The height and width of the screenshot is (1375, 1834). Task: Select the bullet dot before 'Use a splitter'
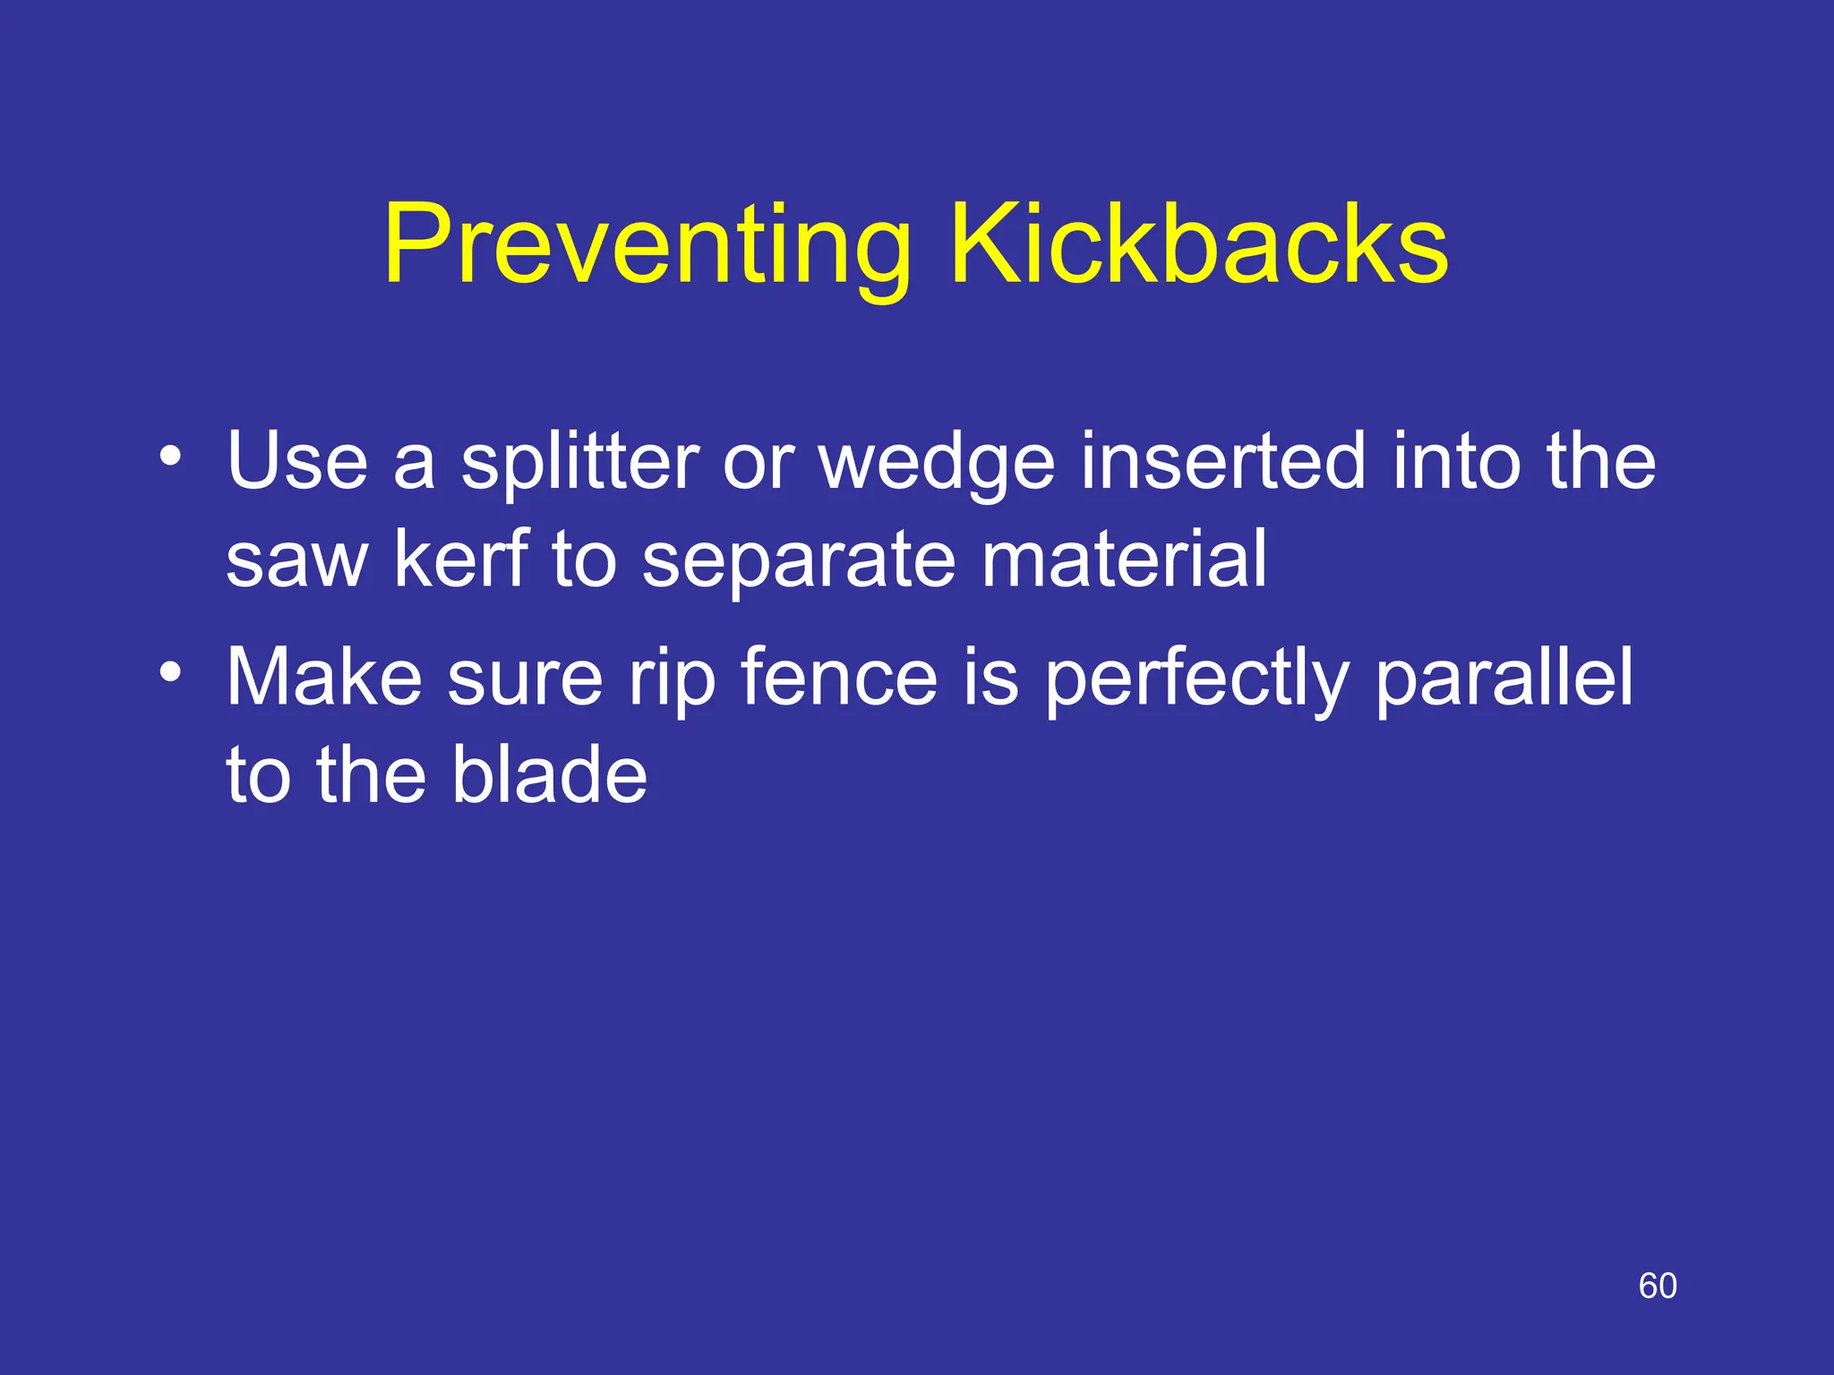click(x=170, y=457)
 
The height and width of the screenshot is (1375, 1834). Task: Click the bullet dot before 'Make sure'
click(x=170, y=670)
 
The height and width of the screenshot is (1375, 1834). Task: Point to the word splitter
click(x=579, y=462)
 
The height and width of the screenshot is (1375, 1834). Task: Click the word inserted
click(x=1223, y=462)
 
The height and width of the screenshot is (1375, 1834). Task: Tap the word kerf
click(x=462, y=559)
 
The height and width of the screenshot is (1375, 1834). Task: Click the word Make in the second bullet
click(x=324, y=677)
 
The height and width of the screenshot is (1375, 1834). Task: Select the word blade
click(x=549, y=774)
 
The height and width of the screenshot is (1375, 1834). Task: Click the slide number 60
click(x=1658, y=1285)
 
